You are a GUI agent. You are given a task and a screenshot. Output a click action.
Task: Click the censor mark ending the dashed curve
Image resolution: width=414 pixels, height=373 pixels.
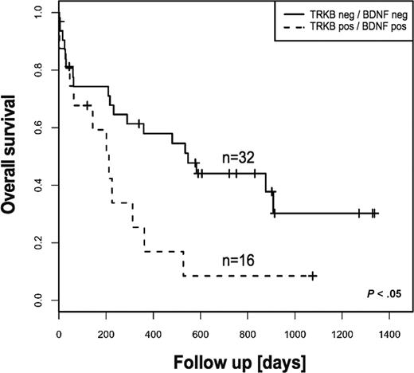(x=313, y=276)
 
